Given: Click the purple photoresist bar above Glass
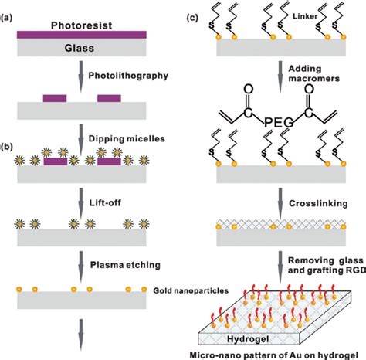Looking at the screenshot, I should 81,34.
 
